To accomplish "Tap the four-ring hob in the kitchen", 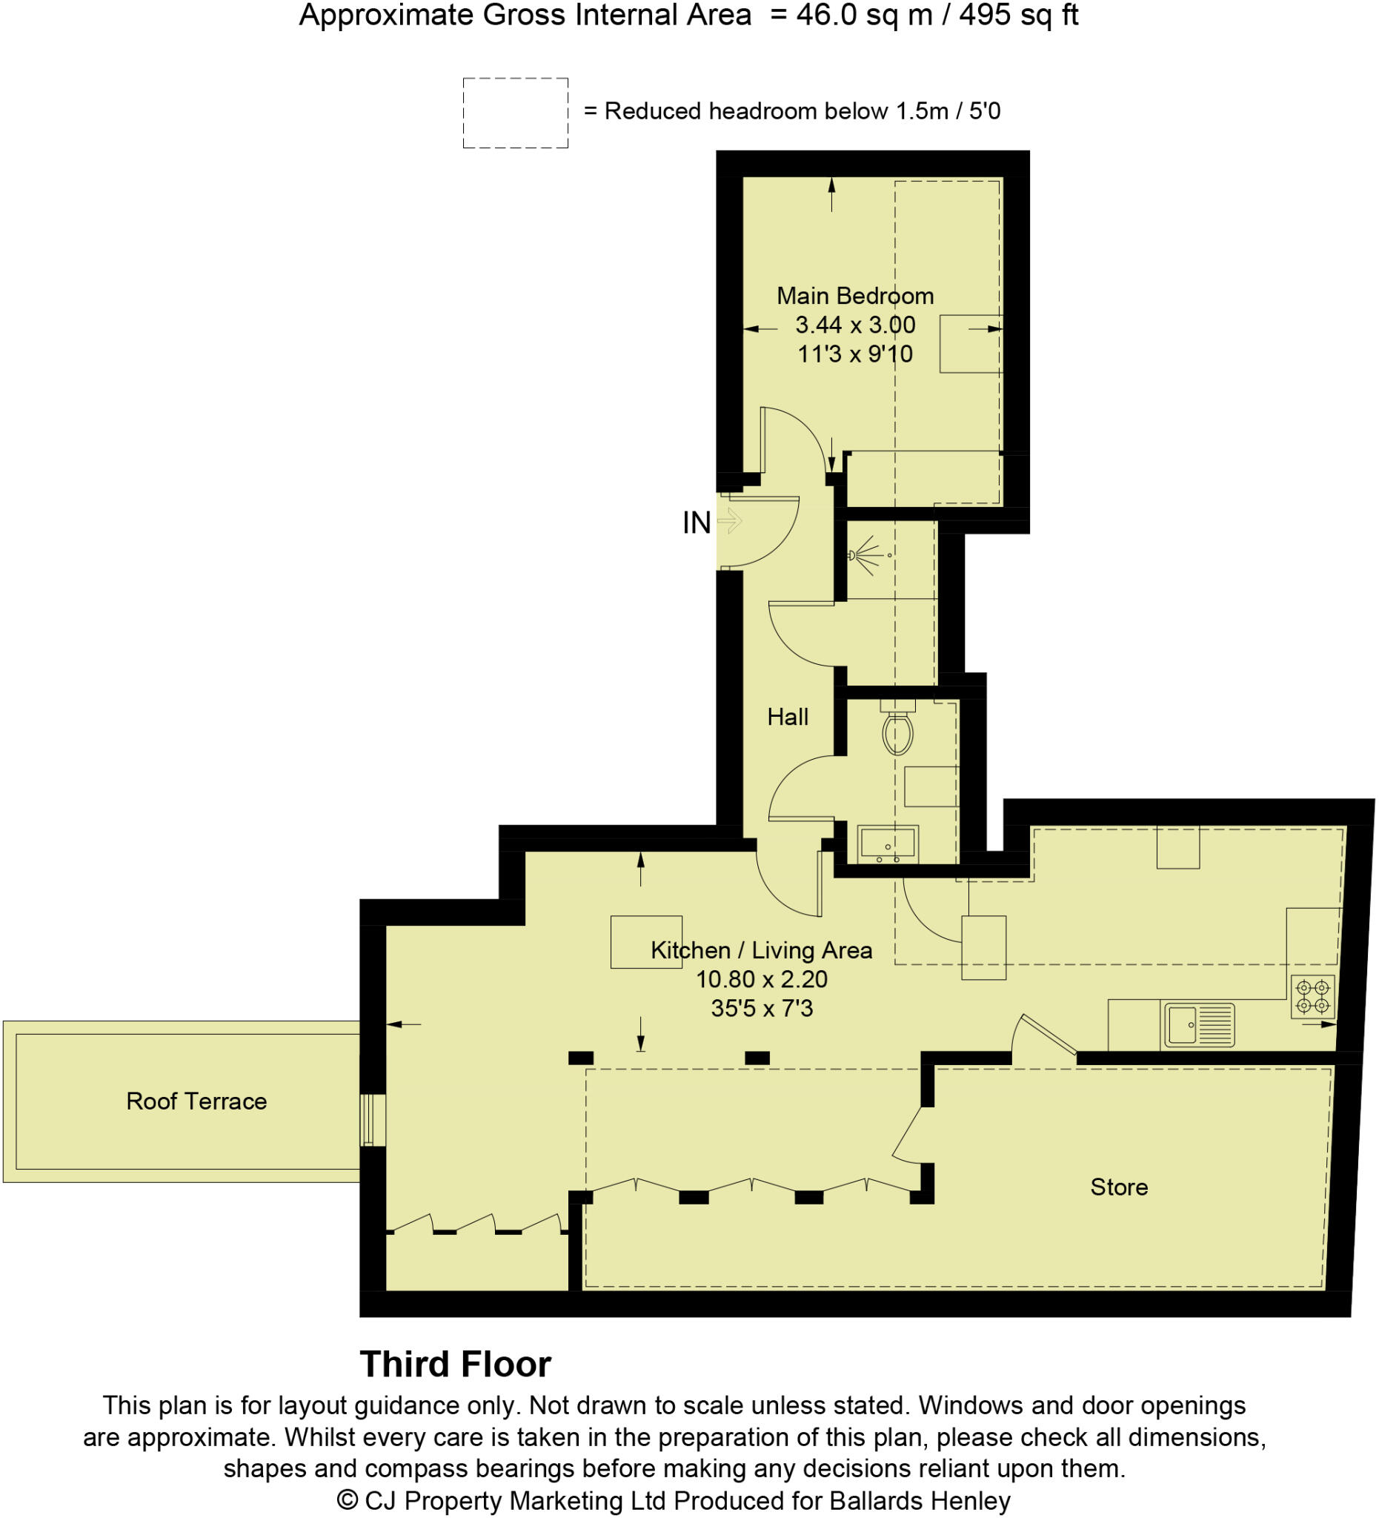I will (x=1312, y=996).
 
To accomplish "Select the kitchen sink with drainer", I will (x=1199, y=1025).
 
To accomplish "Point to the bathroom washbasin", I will (x=888, y=843).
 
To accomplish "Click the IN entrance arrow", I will (x=729, y=520).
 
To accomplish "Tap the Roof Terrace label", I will (x=196, y=1101).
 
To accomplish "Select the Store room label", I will (x=1119, y=1187).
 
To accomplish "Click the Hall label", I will (x=788, y=717).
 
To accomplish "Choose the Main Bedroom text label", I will (x=855, y=296).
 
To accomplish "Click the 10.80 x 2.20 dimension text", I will (x=761, y=979).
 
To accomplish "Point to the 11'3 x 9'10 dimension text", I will (x=855, y=354).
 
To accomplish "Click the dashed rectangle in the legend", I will (x=515, y=113).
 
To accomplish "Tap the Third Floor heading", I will (x=456, y=1365).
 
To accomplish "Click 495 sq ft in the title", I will (x=1017, y=15).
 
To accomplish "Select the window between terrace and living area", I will (x=373, y=1120).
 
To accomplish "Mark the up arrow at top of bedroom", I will (x=831, y=193).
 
